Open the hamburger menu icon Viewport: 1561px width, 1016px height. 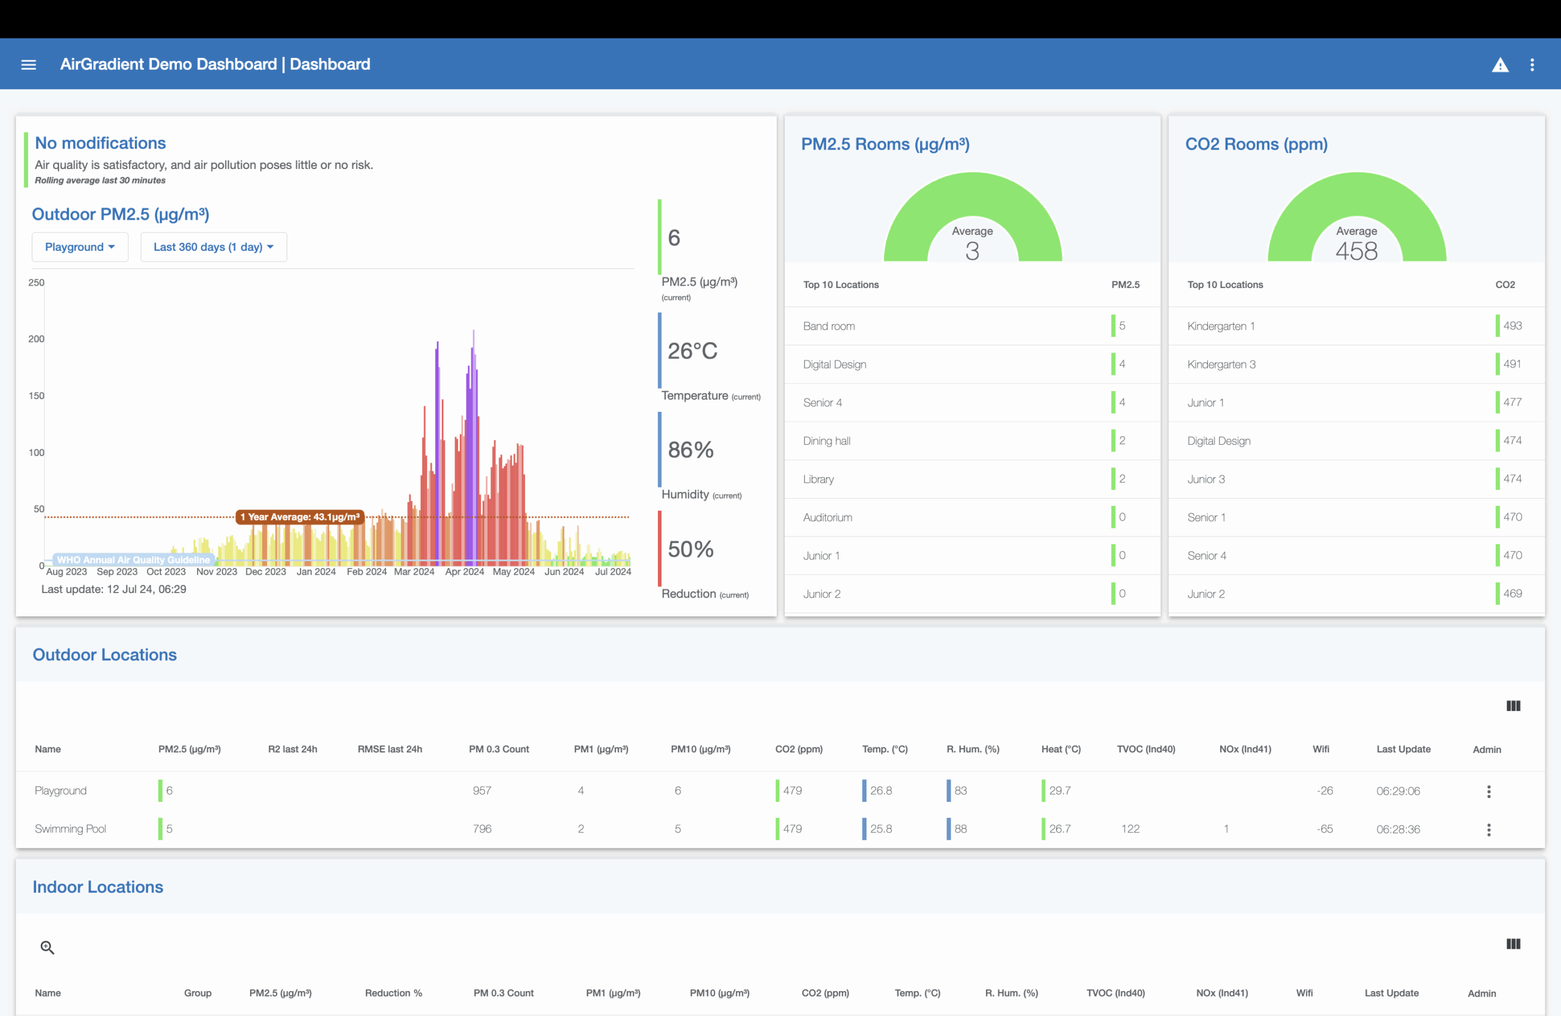28,64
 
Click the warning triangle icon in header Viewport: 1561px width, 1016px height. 1499,64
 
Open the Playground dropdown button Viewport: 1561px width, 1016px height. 79,247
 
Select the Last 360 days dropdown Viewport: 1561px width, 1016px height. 213,247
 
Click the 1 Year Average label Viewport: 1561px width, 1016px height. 300,516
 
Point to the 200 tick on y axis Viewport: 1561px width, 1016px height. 36,339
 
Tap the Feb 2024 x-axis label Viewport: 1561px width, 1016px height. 366,572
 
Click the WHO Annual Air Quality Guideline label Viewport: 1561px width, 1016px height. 133,560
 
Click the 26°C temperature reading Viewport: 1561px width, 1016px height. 692,351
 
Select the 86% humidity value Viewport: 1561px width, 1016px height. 690,450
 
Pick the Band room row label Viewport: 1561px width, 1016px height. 829,326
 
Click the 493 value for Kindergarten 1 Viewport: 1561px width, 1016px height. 1512,325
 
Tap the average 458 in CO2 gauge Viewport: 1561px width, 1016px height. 1356,251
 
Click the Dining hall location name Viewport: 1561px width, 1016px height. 826,441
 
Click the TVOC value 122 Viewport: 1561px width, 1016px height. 1129,829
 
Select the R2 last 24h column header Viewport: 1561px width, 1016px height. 292,749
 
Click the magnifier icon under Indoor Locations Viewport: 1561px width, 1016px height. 47,947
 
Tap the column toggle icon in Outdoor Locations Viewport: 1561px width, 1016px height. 1512,705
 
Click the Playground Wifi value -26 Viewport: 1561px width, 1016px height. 1324,791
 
